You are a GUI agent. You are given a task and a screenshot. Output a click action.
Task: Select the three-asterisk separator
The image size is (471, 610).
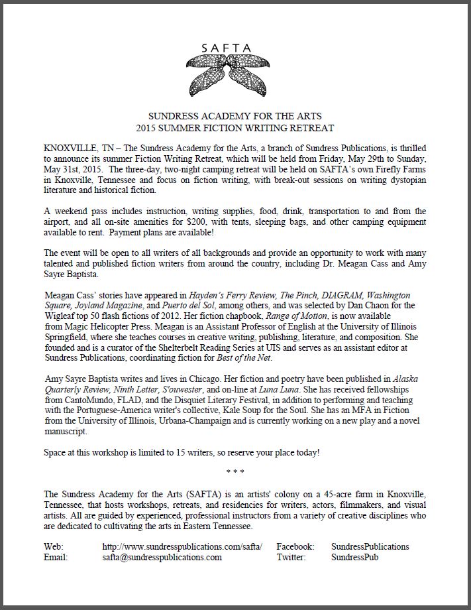tap(235, 473)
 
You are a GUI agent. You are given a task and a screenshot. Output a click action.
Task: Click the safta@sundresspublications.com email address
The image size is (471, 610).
tap(162, 558)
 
